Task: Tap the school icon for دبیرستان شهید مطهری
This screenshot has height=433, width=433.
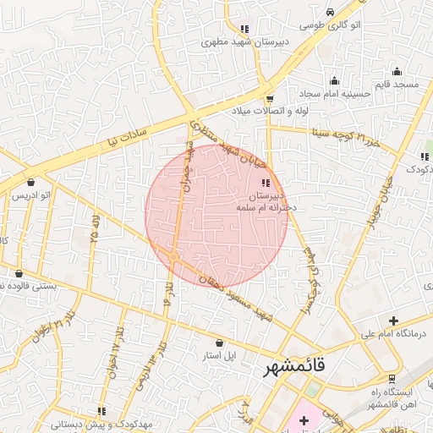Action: (244, 29)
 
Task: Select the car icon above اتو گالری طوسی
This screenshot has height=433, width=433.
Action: (330, 11)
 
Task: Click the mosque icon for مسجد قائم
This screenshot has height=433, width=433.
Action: (397, 71)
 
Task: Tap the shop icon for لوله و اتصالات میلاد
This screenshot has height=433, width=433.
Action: (269, 98)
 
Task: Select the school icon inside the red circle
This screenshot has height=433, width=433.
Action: (265, 183)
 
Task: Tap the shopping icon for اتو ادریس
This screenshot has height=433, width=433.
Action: (31, 182)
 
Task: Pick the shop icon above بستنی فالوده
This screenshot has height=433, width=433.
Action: (19, 273)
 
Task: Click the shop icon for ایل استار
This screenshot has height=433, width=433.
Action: (221, 343)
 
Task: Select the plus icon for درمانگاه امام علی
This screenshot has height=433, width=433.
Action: (392, 321)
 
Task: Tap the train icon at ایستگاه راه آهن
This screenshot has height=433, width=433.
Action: (391, 378)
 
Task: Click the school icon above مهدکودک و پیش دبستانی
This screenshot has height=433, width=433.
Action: (78, 411)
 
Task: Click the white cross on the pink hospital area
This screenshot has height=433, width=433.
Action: (304, 420)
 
